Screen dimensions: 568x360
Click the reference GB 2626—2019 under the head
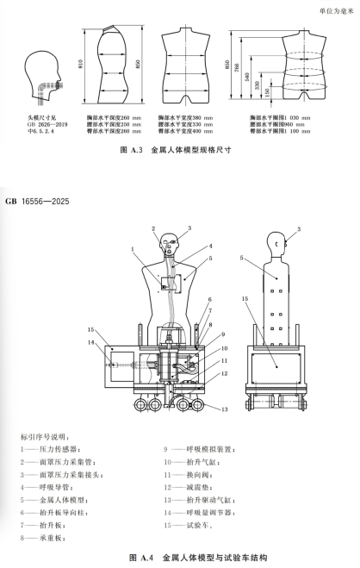(45, 122)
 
